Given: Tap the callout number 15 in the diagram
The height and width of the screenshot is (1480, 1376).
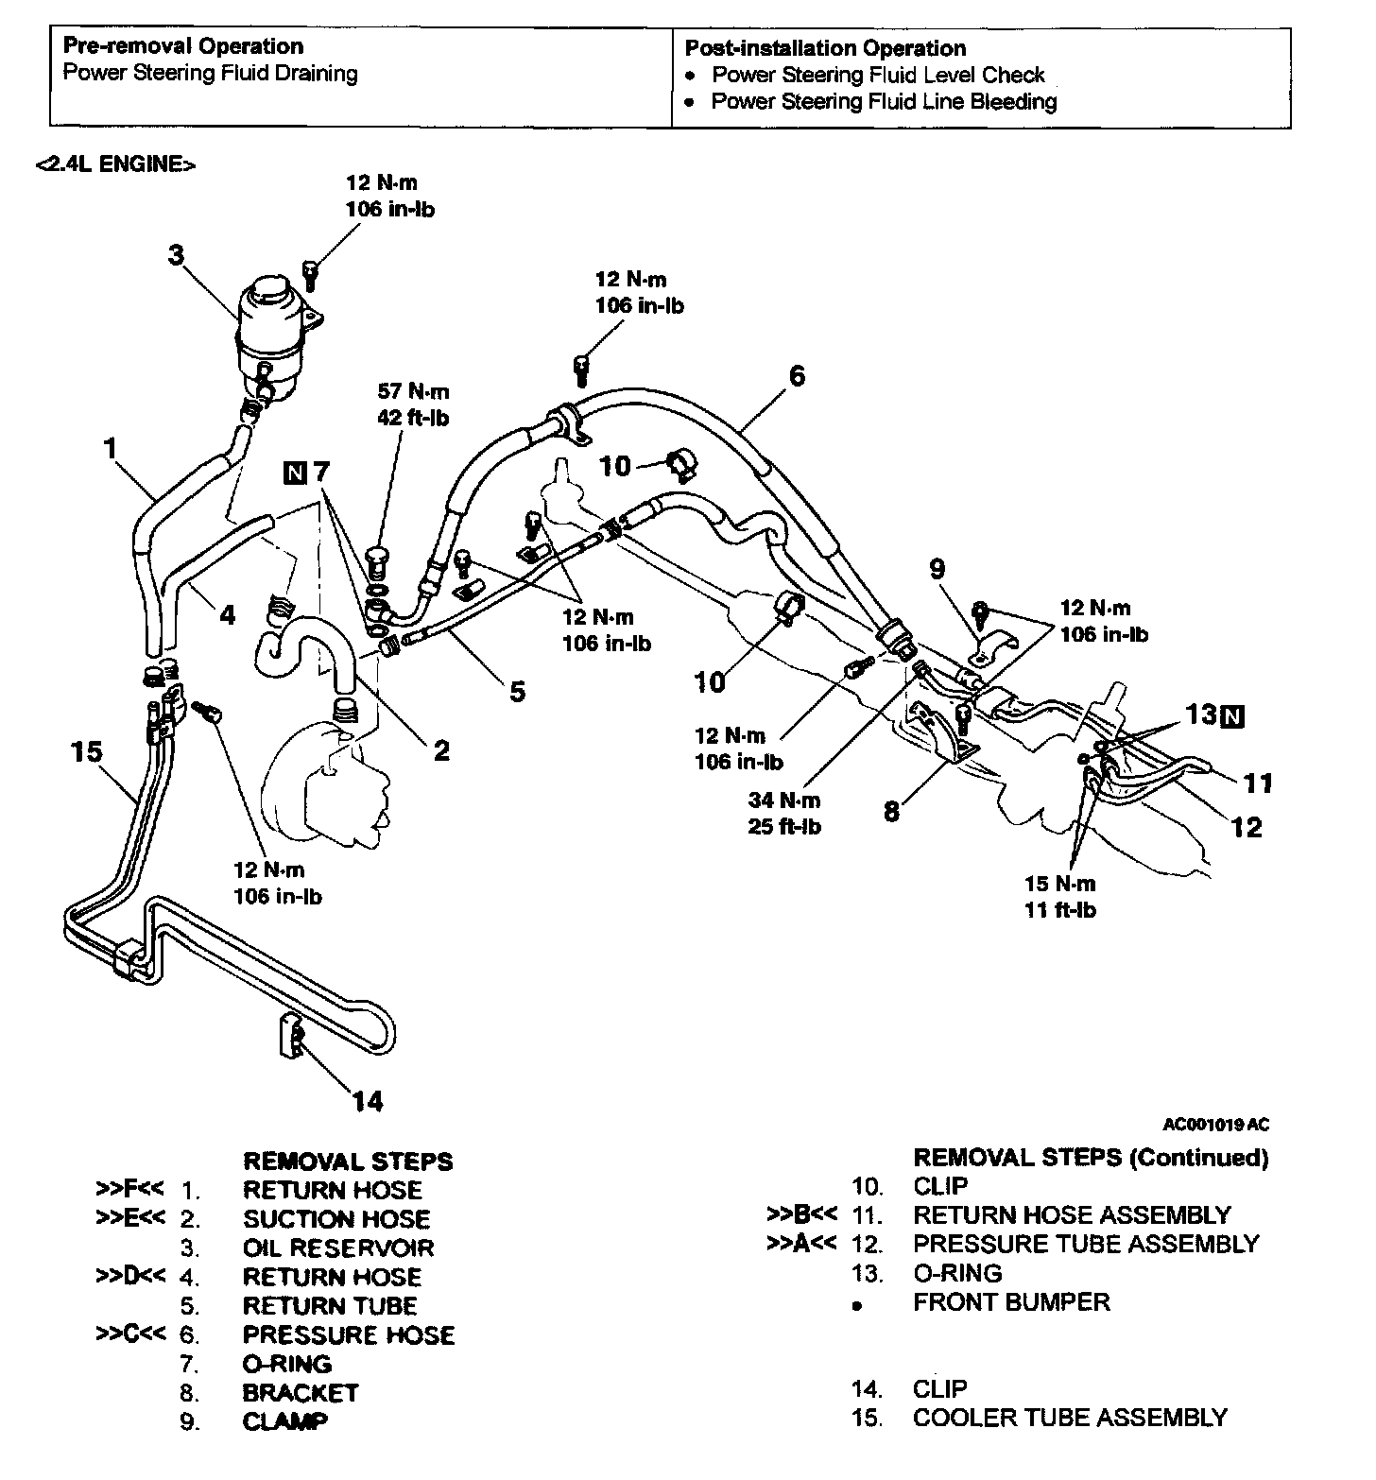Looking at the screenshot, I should pos(86,752).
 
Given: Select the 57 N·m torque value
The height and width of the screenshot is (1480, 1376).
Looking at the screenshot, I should pos(414,392).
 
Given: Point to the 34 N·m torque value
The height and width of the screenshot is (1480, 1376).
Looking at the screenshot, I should pos(784,800).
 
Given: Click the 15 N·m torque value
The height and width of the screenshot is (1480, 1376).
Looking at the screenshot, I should pos(1060,885).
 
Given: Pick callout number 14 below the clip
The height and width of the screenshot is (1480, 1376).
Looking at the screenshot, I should pos(368,1101).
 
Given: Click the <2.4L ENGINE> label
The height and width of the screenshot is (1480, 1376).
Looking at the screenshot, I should pos(115,164).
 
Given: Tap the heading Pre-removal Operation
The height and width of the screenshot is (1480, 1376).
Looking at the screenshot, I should pos(183,46).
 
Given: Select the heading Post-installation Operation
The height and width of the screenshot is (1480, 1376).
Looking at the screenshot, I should pos(825,48).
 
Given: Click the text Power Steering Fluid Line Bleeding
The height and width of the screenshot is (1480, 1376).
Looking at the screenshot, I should pos(884,101).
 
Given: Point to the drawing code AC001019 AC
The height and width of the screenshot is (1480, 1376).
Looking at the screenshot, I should pos(1215,1125).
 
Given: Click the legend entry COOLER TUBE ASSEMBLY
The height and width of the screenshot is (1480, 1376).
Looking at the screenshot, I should pos(1070,1418).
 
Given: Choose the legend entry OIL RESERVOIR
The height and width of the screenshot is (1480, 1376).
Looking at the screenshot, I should pos(338,1248).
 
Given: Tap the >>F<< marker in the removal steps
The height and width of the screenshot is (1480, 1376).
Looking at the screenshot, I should pos(131,1189).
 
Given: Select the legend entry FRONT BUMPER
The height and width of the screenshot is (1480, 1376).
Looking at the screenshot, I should pos(1011,1302).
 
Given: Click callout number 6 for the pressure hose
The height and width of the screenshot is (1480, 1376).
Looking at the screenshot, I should pos(797,376).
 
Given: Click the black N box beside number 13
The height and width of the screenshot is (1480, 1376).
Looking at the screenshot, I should pos(1231,716).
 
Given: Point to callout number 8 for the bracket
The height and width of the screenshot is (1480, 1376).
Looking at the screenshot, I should pos(891,811).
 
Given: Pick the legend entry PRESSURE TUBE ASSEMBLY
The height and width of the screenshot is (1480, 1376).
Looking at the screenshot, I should pos(1086,1244).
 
